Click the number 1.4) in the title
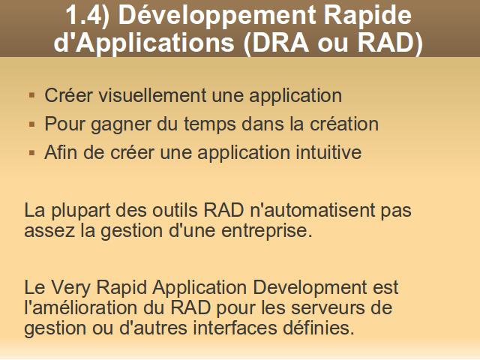pos(87,15)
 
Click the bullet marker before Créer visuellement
pos(31,95)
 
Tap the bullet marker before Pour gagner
pos(31,124)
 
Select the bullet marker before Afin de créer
pos(31,153)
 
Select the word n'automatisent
pos(312,210)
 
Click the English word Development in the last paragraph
pos(310,288)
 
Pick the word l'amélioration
pos(80,307)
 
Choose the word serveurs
pos(328,308)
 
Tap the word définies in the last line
pos(318,328)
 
